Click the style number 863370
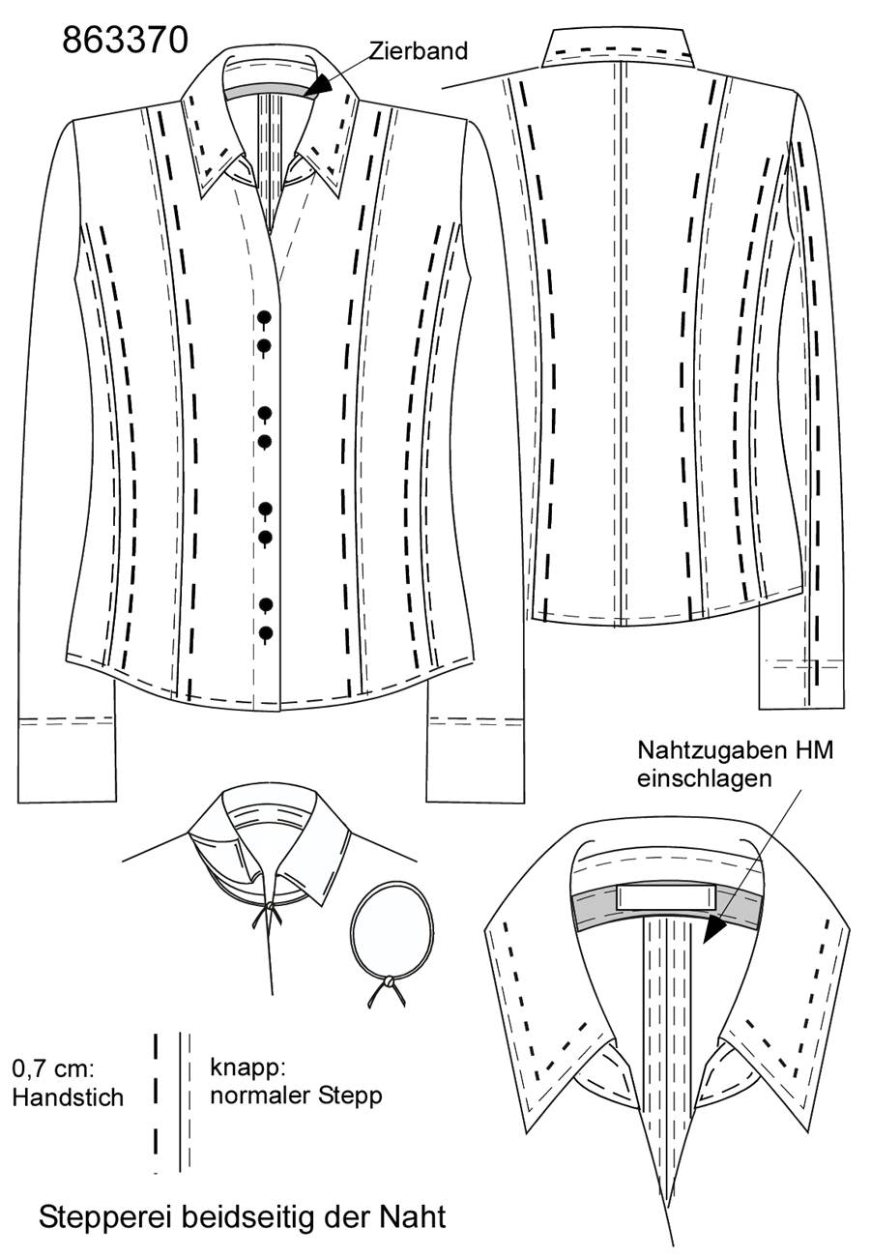click(x=125, y=41)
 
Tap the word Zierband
click(x=419, y=51)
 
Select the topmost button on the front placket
click(x=264, y=318)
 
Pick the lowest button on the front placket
click(x=265, y=633)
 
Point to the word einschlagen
click(x=704, y=779)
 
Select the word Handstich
click(x=68, y=1097)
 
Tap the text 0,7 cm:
click(x=53, y=1068)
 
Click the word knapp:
click(x=248, y=1067)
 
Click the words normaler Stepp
click(x=297, y=1095)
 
